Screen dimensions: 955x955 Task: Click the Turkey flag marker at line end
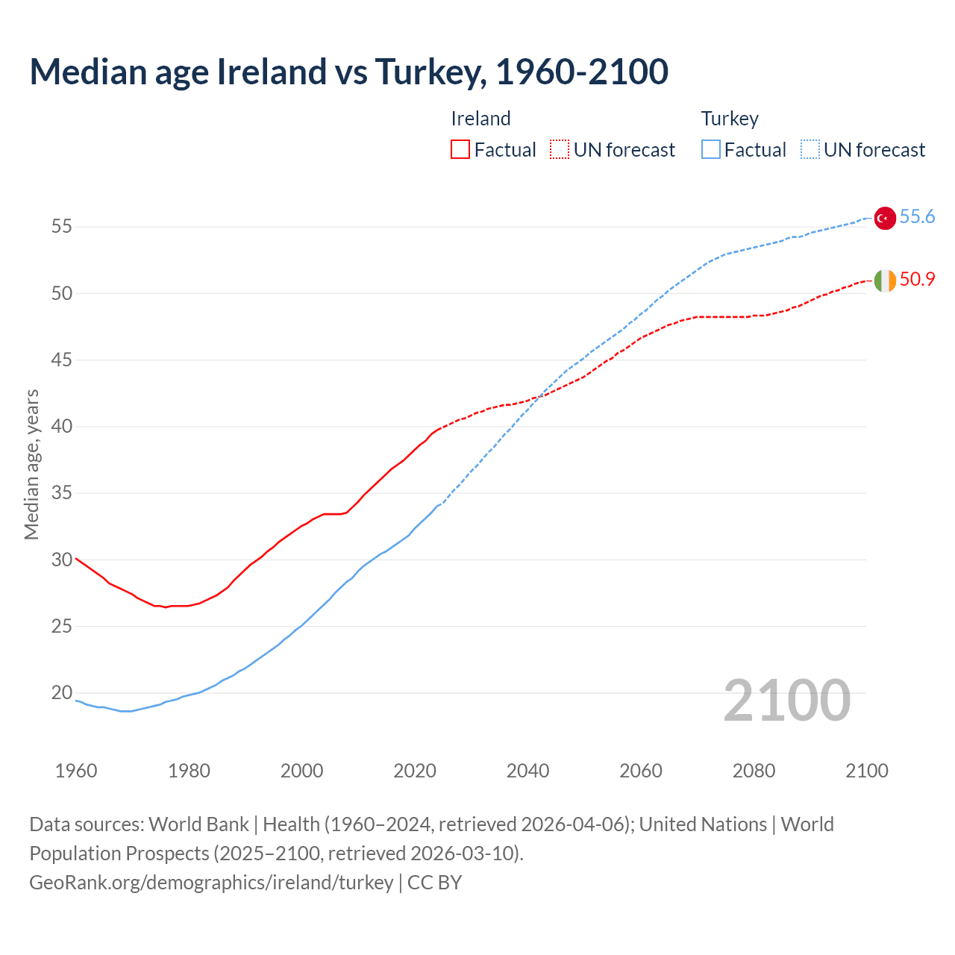click(x=885, y=218)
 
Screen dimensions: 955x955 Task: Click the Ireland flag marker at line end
click(x=885, y=281)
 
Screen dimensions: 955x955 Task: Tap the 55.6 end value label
click(x=917, y=217)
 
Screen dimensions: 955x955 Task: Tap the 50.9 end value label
click(x=917, y=280)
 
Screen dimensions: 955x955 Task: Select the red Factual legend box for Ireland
click(x=460, y=150)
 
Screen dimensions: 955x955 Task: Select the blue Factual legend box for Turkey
click(x=711, y=150)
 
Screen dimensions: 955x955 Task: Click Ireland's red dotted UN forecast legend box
click(x=560, y=150)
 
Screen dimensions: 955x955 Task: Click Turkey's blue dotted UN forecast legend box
click(x=810, y=150)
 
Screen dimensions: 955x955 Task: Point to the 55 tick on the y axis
click(x=62, y=227)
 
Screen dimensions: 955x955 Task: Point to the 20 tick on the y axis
click(x=62, y=693)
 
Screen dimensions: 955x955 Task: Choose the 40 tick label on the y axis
click(x=62, y=427)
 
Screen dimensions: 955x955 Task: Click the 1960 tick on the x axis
click(x=76, y=771)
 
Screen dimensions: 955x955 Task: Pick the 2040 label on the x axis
click(x=527, y=771)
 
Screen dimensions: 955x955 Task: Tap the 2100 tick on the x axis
click(x=867, y=771)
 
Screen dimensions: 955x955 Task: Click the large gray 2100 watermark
click(x=787, y=701)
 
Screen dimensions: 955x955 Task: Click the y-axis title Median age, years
click(x=31, y=464)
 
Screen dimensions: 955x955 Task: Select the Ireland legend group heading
click(x=480, y=119)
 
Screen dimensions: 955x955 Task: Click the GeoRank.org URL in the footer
click(x=211, y=883)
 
